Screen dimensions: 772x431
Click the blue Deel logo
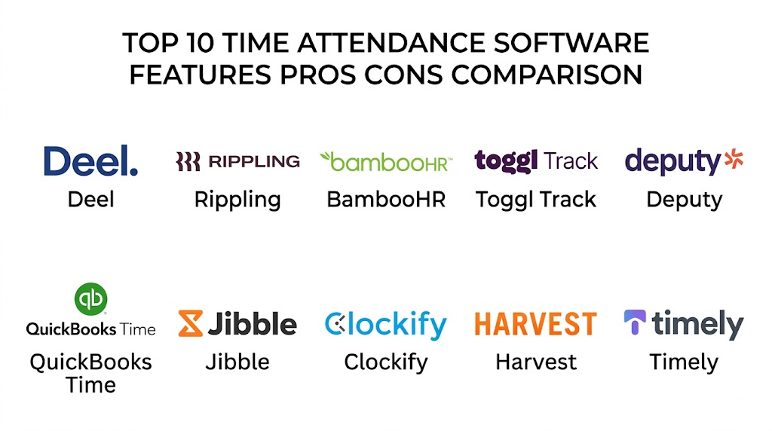pos(90,160)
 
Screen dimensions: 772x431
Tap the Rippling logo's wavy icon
pos(188,161)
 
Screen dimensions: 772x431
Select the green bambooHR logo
pos(386,162)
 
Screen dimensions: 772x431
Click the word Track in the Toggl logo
pos(571,161)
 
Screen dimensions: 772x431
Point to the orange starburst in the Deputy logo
pos(734,158)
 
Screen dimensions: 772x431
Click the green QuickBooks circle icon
pos(90,298)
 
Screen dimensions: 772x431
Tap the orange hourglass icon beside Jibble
pos(191,323)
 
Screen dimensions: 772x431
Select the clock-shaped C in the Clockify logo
pos(335,323)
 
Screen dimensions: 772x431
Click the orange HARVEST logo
pos(536,324)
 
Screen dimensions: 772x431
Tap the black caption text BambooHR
pos(386,199)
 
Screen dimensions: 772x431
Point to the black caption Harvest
pos(536,362)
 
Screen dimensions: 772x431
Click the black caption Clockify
pos(386,363)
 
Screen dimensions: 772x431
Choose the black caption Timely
pos(684,363)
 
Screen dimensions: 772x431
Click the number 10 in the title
pos(201,43)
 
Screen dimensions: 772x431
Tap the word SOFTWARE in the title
pos(571,43)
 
